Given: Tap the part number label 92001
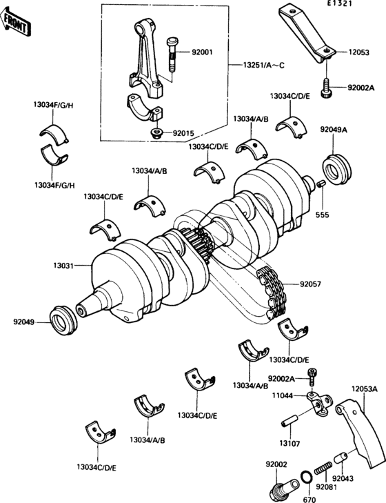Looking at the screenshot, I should click(x=203, y=51).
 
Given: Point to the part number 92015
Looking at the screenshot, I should click(x=184, y=132).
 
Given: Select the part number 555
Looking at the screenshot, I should click(x=322, y=215).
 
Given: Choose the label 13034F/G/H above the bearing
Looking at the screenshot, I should click(x=54, y=105).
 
